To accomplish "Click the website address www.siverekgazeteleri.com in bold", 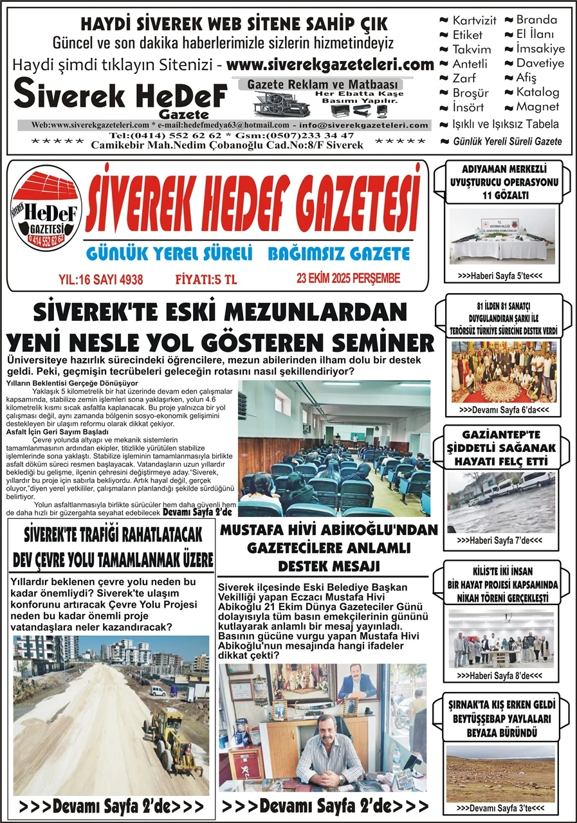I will click(330, 65).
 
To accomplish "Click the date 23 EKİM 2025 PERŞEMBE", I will click(340, 278).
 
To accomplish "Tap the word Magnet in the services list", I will click(538, 107).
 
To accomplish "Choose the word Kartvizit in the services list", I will click(474, 21).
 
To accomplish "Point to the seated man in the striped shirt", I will click(331, 752).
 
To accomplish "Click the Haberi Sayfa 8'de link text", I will click(500, 676).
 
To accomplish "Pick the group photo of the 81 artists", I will click(503, 371).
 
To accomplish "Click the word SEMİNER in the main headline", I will click(379, 341).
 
